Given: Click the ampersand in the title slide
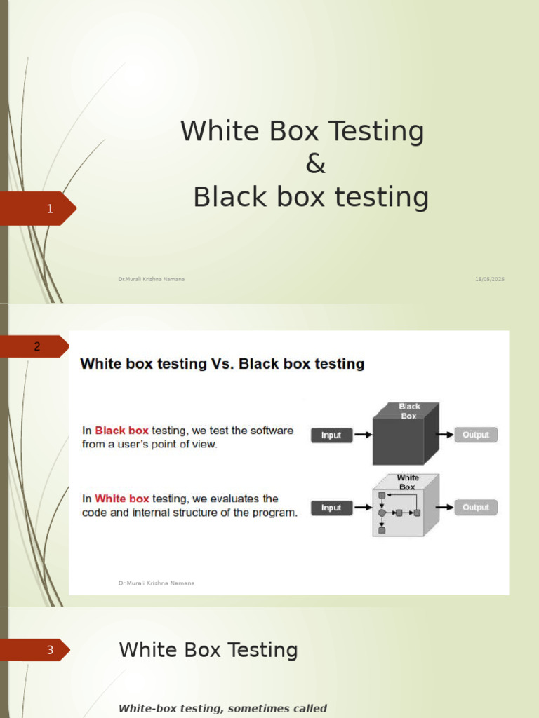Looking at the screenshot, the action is click(315, 163).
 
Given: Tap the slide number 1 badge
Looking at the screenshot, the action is click(38, 208).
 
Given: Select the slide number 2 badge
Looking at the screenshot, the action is click(34, 346).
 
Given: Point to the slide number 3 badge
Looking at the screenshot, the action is click(35, 650).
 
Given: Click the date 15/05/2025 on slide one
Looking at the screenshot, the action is click(489, 279).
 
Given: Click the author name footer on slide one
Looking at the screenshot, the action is click(152, 279).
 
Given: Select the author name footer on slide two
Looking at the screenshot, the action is click(157, 583).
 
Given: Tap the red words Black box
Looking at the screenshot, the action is click(121, 431).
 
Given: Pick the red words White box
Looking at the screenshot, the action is click(122, 499).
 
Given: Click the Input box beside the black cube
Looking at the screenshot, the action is click(332, 435).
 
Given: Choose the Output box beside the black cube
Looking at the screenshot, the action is click(476, 435).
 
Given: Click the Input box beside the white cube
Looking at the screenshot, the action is click(332, 508).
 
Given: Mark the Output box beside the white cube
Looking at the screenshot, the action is click(476, 508).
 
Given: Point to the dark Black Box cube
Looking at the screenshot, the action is click(406, 433).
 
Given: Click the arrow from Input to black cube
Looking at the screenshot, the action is click(363, 435).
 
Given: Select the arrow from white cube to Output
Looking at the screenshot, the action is click(444, 507).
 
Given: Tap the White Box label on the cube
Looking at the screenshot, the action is click(408, 482).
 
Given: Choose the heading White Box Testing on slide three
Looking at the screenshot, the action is click(208, 650).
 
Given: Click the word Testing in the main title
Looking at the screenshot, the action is click(377, 131).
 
